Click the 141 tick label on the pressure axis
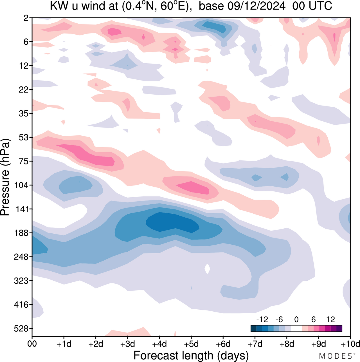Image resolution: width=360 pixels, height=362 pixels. (22, 209)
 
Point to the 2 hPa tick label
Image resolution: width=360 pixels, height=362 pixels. (26, 18)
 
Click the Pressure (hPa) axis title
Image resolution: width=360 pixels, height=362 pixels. (5, 177)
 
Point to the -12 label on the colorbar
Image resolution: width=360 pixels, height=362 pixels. (262, 319)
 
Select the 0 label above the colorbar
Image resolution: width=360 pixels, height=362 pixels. (296, 319)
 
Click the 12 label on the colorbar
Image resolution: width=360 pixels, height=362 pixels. (330, 319)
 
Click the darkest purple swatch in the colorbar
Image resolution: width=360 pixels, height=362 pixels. (339, 329)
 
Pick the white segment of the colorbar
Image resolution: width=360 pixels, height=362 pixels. (296, 329)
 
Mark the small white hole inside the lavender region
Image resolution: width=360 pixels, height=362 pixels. (207, 269)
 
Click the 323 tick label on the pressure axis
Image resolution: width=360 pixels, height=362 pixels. (22, 281)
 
